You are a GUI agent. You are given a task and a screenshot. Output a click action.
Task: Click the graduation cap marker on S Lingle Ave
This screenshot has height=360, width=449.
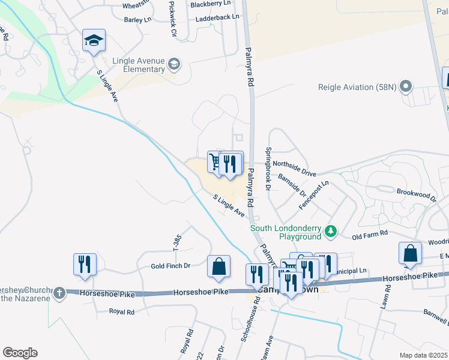pyautogui.click(x=94, y=41)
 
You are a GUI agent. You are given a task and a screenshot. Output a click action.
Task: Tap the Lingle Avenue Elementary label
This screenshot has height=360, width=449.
pyautogui.click(x=139, y=65)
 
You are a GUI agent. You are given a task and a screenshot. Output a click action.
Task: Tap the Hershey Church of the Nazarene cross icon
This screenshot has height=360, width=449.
pyautogui.click(x=58, y=293)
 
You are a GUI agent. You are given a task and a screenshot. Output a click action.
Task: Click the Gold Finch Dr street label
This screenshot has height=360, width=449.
pyautogui.click(x=170, y=266)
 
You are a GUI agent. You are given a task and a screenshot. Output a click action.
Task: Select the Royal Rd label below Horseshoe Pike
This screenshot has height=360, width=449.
pyautogui.click(x=122, y=311)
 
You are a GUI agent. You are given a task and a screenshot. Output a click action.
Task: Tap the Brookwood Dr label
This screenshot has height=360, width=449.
pyautogui.click(x=415, y=194)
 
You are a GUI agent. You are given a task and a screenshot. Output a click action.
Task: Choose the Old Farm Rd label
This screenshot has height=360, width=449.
pyautogui.click(x=370, y=233)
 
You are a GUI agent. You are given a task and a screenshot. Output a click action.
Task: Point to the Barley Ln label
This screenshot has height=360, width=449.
pyautogui.click(x=137, y=20)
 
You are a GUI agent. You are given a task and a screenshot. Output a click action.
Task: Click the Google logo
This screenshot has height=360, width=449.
pyautogui.click(x=20, y=353)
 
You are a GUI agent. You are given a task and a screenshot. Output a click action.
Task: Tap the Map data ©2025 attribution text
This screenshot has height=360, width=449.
pyautogui.click(x=423, y=355)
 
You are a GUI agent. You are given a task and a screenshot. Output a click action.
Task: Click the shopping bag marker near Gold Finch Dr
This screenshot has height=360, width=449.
pyautogui.click(x=219, y=266)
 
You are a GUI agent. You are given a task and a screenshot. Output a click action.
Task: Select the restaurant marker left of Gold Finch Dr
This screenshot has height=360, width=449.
pyautogui.click(x=85, y=264)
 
